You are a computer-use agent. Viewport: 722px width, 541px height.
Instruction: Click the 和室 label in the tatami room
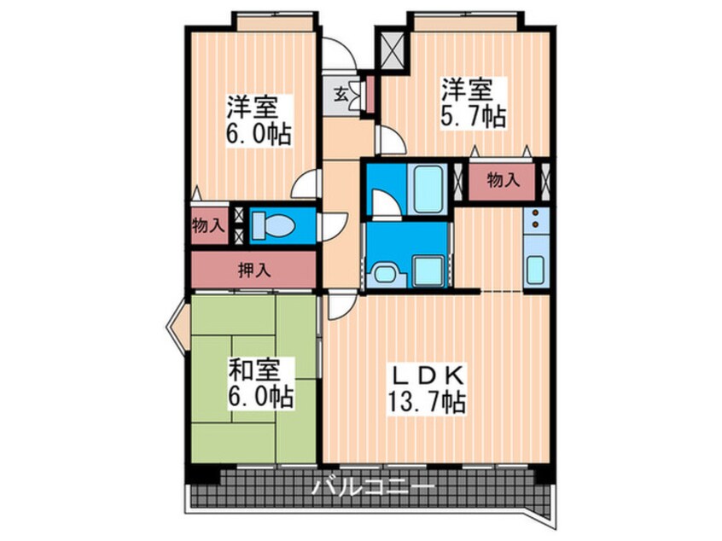coord(253,370)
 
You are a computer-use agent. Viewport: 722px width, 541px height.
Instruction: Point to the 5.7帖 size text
coord(472,117)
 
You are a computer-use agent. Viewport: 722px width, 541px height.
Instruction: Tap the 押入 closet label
coord(253,270)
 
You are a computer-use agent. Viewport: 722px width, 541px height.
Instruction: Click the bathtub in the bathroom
coord(424,188)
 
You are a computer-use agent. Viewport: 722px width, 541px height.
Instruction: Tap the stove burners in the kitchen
coord(535,220)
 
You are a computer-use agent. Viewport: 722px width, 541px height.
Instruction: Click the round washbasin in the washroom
coord(384,274)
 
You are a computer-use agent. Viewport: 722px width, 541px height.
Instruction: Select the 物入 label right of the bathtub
coord(503,180)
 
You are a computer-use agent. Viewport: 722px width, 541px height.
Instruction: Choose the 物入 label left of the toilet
coord(209,226)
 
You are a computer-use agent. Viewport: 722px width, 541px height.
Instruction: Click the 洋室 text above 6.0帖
coord(253,108)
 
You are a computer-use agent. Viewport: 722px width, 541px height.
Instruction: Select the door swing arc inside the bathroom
coord(384,202)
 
